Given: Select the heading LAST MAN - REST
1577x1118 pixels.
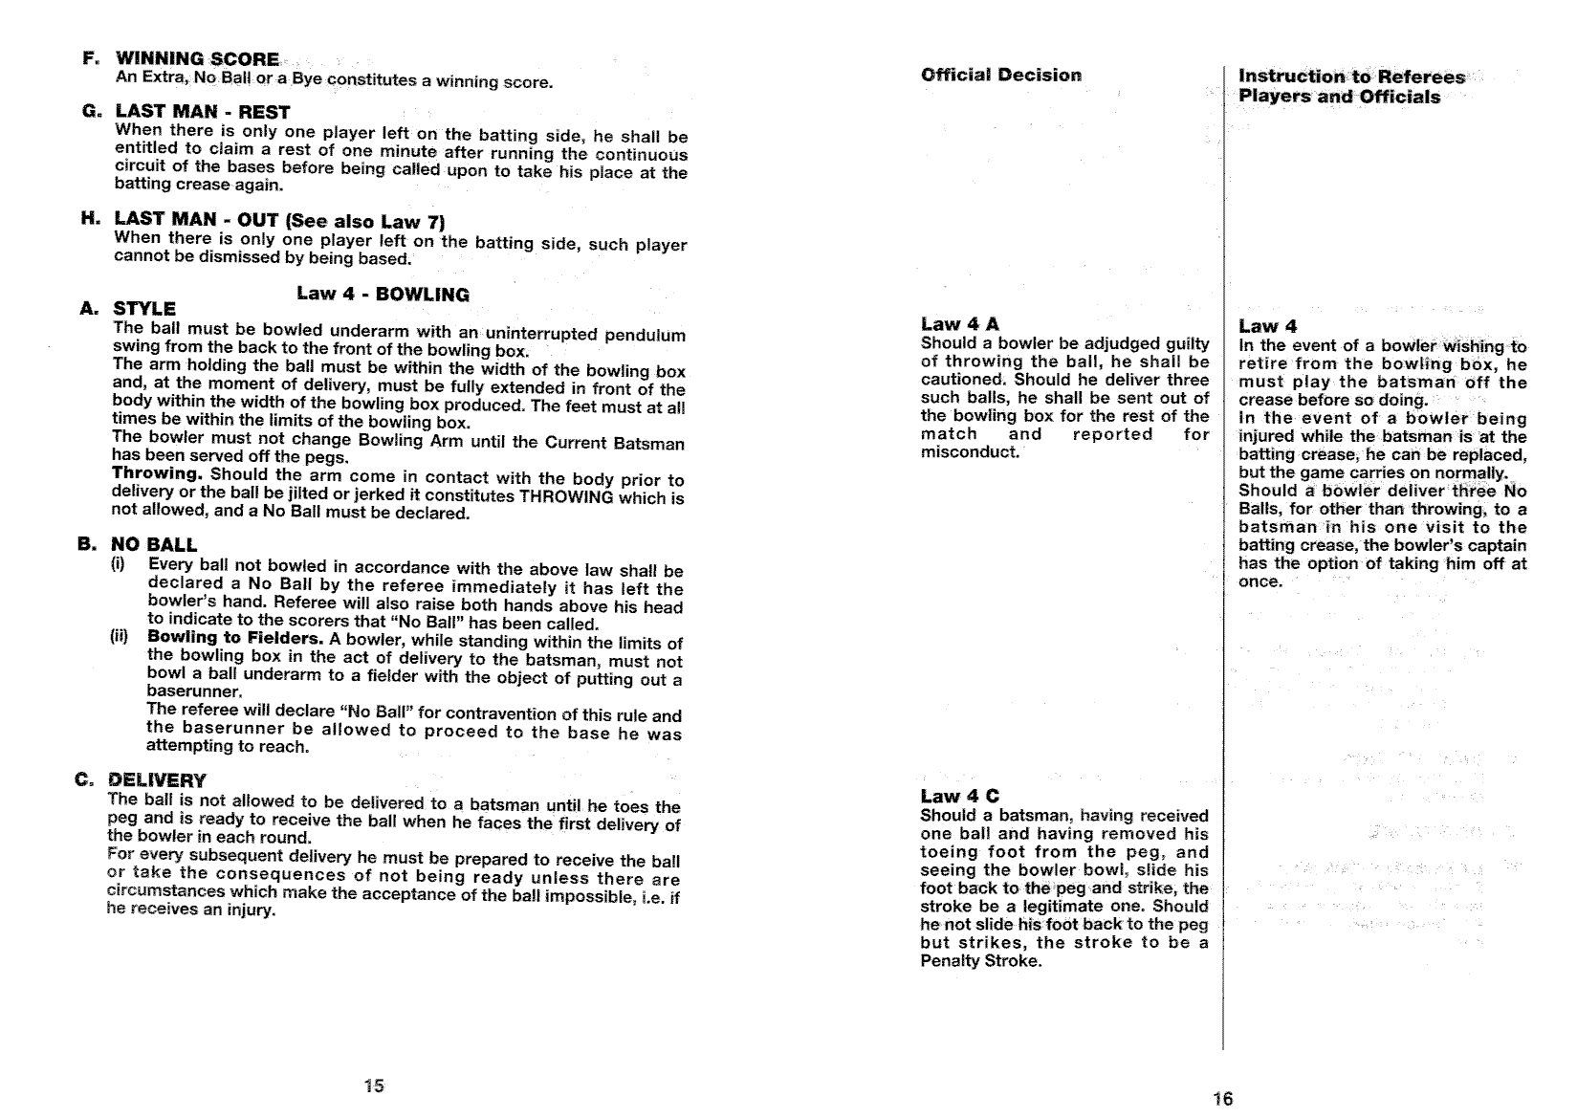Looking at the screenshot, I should [202, 112].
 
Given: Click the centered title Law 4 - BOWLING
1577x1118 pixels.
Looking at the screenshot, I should [383, 294].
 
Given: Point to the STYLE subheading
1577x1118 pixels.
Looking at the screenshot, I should [144, 309].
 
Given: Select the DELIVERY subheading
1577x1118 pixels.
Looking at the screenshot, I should [157, 780].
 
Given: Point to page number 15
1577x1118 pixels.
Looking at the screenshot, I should [374, 1085].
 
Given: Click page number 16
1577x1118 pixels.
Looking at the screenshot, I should [1222, 1098].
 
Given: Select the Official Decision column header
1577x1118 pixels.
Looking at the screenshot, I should [1001, 75].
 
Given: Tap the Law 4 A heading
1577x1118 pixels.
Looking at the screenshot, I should [959, 324].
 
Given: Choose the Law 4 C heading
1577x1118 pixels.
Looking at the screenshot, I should [959, 796].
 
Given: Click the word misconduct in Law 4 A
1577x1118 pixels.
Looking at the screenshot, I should [969, 452].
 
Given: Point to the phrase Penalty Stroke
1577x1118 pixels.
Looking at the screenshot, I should [979, 960].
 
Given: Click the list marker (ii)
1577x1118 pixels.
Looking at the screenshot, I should [120, 638].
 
